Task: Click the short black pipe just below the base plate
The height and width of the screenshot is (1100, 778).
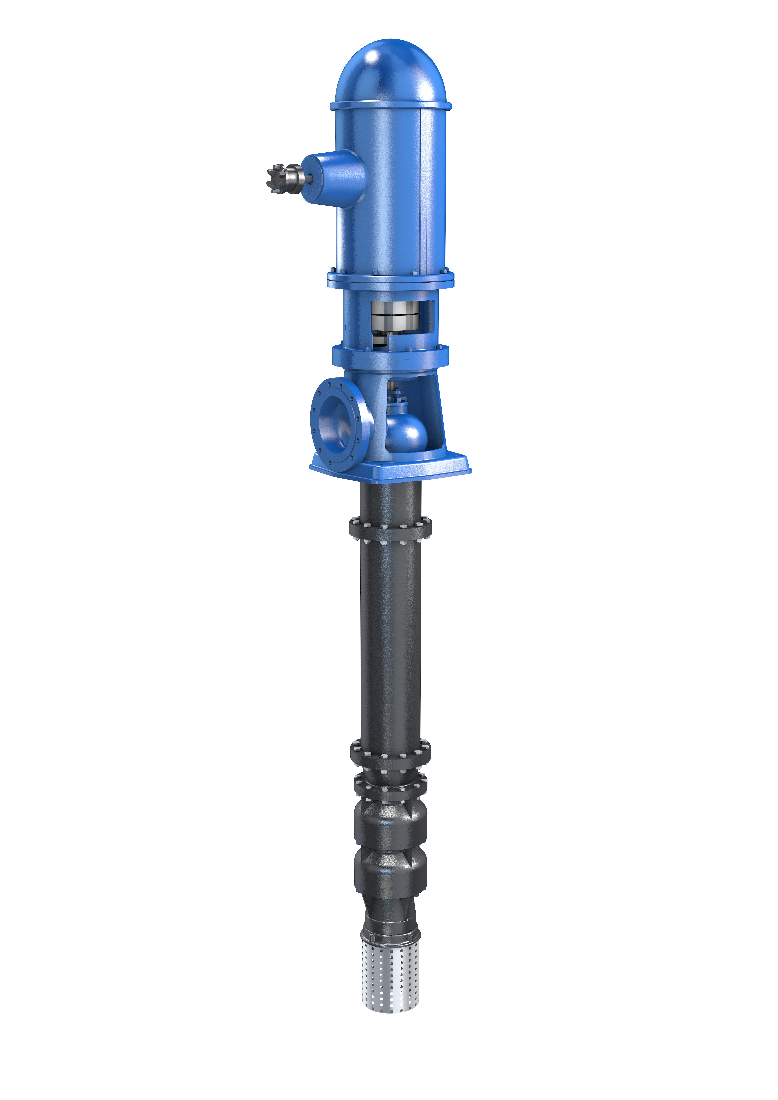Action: (x=390, y=498)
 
